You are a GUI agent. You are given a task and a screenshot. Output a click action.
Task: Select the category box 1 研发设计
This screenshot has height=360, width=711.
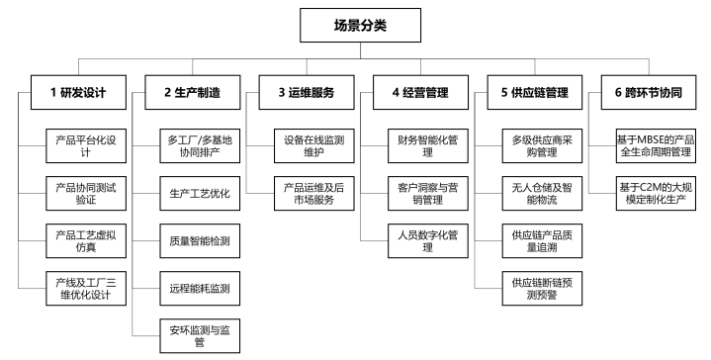coord(77,94)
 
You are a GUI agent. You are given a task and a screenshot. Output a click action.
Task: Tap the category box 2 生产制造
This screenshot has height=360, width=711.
coord(192,94)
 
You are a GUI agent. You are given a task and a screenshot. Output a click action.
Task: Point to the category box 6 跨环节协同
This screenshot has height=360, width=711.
coord(649,94)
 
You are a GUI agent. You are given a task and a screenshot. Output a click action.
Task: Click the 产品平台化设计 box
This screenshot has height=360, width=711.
coord(86,146)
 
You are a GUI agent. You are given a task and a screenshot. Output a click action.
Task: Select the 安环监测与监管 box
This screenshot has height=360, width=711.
coord(199,335)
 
